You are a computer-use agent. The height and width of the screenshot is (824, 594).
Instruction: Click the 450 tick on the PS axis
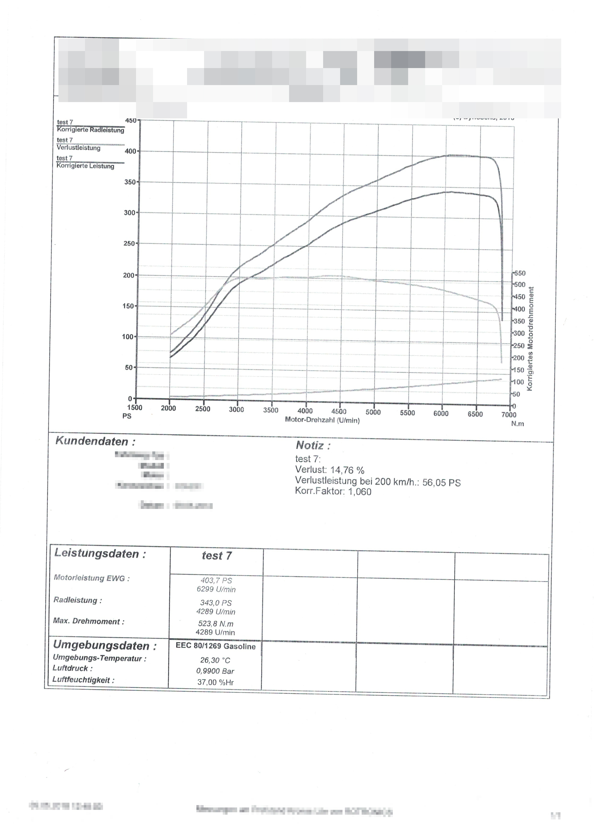tap(131, 121)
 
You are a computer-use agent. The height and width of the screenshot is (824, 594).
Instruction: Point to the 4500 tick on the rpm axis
tap(338, 411)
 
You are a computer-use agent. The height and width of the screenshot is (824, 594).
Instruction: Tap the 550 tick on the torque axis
tap(520, 273)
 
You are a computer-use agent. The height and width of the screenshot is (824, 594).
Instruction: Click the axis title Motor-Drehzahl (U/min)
tap(322, 420)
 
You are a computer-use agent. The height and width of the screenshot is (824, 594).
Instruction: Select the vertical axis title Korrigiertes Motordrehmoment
tap(531, 339)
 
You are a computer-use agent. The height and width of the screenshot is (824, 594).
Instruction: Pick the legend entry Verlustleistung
tap(78, 148)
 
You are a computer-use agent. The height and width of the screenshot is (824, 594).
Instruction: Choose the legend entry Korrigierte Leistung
tap(85, 166)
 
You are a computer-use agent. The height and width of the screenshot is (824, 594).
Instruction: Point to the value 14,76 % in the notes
tap(347, 470)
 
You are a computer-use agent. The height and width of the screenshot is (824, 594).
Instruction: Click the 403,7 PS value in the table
tap(216, 581)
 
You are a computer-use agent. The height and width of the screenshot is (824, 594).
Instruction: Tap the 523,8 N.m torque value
tap(216, 624)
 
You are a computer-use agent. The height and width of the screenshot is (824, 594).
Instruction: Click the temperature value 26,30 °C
tap(215, 660)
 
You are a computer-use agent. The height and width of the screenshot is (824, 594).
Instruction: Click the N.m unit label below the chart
tap(517, 424)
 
